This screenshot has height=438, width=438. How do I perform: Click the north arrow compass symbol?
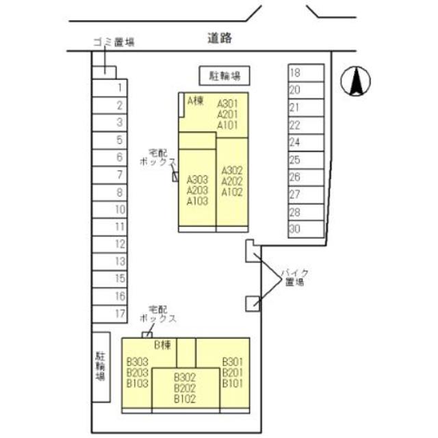point(355,82)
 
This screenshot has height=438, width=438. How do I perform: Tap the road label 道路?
point(220,39)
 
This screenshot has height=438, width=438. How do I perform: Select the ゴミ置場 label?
point(113,42)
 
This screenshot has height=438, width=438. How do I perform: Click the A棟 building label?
point(195,101)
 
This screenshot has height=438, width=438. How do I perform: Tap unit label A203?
point(197,191)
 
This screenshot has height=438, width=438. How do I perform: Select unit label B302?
point(185,377)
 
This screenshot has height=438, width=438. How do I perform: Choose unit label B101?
point(233,383)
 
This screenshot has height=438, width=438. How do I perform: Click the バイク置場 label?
point(294,276)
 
